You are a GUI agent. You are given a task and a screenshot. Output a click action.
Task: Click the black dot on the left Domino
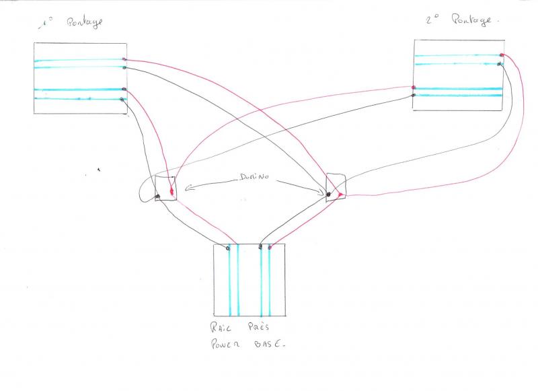157,197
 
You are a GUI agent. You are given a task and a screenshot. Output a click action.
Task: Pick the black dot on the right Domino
328,195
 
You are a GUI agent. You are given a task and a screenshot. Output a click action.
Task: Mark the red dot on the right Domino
341,195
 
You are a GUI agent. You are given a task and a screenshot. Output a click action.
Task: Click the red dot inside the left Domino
172,194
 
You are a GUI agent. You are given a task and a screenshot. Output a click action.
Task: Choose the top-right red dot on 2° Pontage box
502,55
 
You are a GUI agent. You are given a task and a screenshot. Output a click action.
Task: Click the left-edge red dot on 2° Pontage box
414,87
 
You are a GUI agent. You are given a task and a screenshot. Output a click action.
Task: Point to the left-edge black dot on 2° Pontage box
414,95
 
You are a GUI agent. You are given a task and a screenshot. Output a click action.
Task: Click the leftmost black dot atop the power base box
228,247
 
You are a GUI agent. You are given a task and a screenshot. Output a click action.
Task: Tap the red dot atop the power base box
270,248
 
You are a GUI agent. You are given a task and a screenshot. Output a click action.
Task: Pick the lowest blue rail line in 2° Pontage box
459,95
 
